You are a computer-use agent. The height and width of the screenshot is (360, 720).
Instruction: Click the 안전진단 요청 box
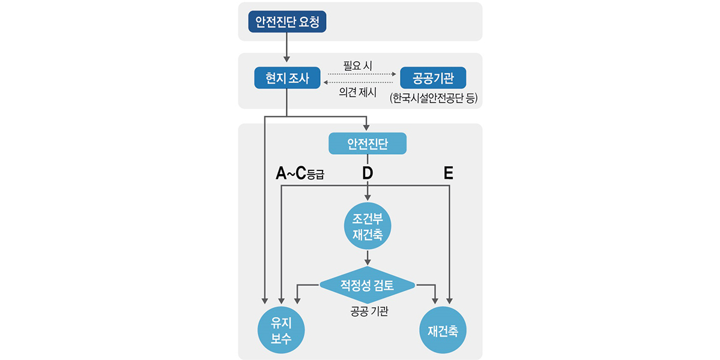[287, 22]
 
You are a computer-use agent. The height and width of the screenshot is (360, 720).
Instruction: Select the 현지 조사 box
[287, 78]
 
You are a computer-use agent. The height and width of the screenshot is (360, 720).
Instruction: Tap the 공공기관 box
[433, 78]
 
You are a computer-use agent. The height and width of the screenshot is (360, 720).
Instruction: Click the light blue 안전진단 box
[368, 144]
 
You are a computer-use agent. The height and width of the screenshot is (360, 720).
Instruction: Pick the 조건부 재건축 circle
[368, 226]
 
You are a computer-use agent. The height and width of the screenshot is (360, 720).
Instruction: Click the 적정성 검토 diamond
[368, 285]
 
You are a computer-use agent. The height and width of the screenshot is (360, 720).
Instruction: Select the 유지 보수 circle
[282, 331]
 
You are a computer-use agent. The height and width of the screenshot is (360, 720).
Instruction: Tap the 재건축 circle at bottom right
[443, 331]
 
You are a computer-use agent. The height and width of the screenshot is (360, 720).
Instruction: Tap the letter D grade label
[368, 174]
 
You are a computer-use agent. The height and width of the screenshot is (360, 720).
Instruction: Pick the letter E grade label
[448, 174]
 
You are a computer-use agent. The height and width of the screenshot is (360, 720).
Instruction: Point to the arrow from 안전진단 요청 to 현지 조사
[287, 47]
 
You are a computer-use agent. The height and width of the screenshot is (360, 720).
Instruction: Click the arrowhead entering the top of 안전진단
[368, 128]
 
